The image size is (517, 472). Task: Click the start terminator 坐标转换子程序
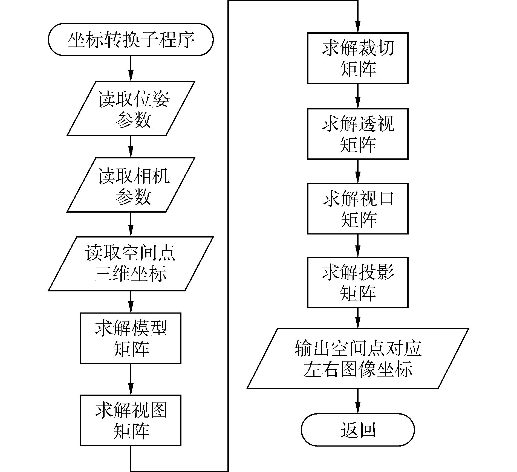(131, 39)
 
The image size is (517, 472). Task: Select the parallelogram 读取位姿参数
(131, 108)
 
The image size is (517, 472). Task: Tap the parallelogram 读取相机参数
(131, 185)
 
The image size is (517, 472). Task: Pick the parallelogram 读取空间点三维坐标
(131, 263)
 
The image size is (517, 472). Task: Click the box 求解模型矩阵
(131, 338)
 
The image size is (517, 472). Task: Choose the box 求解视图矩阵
(131, 420)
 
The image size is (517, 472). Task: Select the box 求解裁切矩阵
(357, 58)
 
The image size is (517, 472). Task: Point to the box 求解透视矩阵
(357, 134)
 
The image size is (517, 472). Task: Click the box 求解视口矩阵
(357, 209)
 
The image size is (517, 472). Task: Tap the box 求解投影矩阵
(357, 282)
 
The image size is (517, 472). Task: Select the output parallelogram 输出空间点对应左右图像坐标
(357, 358)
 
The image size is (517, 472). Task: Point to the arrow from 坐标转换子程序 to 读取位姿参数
(131, 68)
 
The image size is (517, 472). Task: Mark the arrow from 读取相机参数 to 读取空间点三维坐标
(131, 224)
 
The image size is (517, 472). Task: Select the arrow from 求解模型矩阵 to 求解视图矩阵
(131, 379)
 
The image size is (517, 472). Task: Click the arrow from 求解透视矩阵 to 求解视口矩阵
(357, 171)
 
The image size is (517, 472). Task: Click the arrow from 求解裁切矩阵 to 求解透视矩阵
(357, 96)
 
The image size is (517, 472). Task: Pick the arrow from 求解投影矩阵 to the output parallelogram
(357, 318)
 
